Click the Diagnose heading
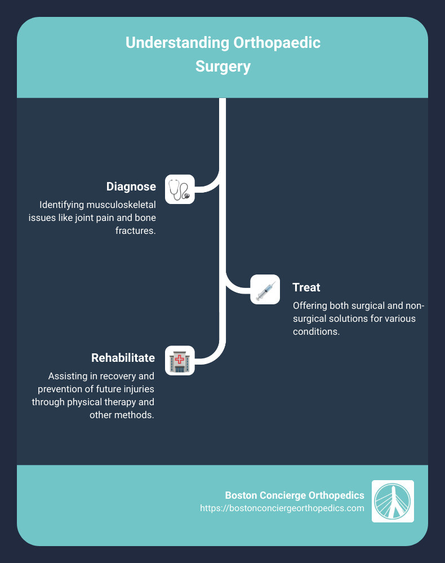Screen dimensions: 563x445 131,187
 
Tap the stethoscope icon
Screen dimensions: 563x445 180,189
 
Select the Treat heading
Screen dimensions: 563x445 306,287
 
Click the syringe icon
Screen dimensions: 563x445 265,290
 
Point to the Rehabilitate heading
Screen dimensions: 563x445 123,358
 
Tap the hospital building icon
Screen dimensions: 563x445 180,360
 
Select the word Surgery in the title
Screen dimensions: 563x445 222,67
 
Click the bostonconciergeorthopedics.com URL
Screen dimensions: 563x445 282,508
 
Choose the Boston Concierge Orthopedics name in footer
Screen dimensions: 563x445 295,495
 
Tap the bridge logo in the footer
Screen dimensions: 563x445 393,501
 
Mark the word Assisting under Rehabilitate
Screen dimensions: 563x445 67,376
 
